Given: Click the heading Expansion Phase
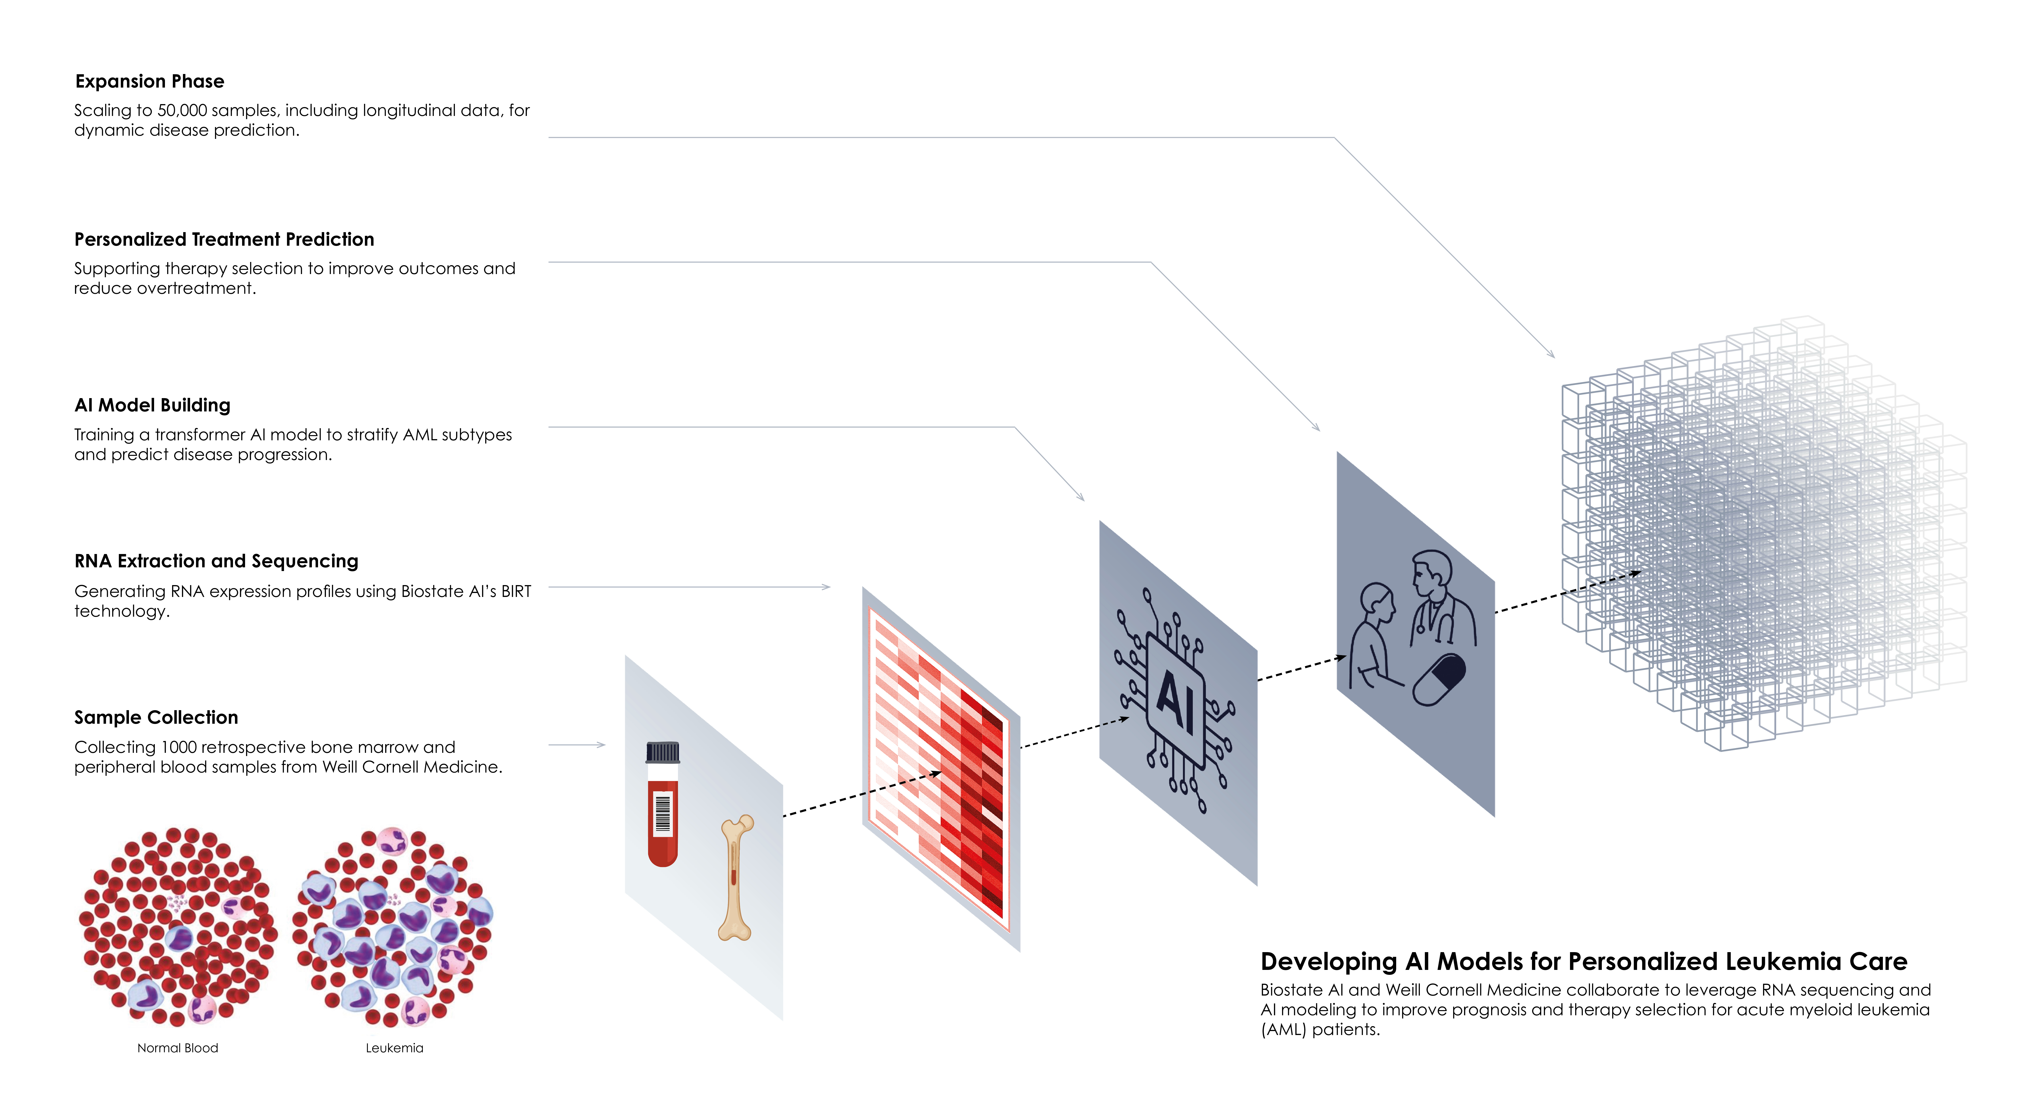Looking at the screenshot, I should point(149,81).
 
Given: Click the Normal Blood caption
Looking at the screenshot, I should point(178,1048).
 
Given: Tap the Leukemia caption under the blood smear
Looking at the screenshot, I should point(394,1048).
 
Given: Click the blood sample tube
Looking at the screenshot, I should point(662,814).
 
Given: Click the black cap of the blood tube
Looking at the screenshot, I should point(662,751).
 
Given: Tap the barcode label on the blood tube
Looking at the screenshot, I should point(662,814).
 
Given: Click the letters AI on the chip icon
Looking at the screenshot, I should point(1176,699).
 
